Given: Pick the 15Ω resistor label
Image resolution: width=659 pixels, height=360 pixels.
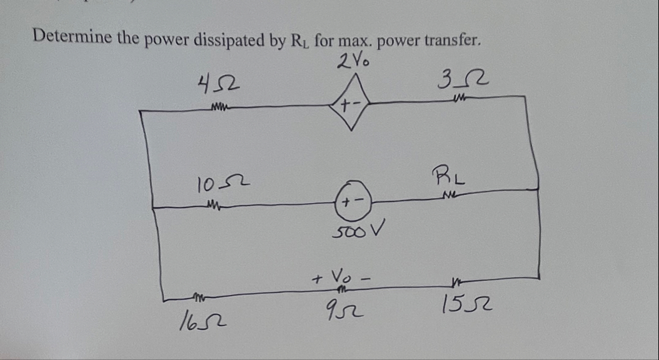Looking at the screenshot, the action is (465, 306).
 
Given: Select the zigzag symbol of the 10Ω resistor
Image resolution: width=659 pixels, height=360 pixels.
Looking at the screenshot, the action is (213, 204).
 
